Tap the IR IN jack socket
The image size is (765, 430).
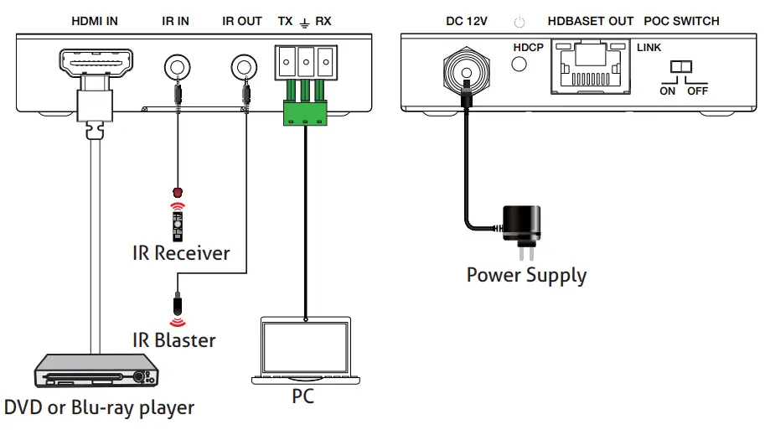click(176, 65)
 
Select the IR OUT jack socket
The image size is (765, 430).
click(244, 65)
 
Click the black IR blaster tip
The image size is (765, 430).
click(177, 301)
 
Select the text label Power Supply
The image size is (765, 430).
click(526, 275)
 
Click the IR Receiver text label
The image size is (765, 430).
click(181, 252)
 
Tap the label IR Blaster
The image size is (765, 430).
click(173, 340)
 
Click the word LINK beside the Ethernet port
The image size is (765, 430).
click(649, 49)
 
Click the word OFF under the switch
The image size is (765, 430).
click(698, 91)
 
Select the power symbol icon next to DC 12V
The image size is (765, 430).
click(520, 22)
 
